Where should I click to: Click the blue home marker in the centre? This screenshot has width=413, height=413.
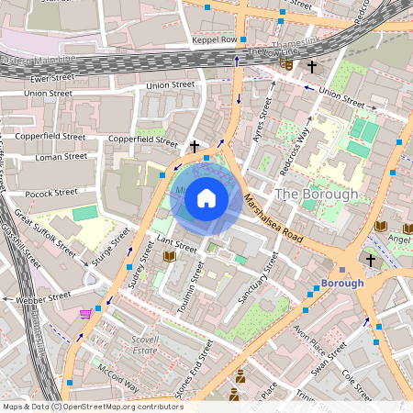click(x=206, y=197)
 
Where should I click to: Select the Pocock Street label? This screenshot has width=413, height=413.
click(x=51, y=193)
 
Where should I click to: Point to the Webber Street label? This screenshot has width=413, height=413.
click(x=46, y=296)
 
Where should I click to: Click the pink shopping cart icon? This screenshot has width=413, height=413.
click(x=85, y=313)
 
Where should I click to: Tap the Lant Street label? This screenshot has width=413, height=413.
click(x=177, y=247)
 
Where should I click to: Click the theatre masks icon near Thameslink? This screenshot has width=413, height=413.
click(x=289, y=66)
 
